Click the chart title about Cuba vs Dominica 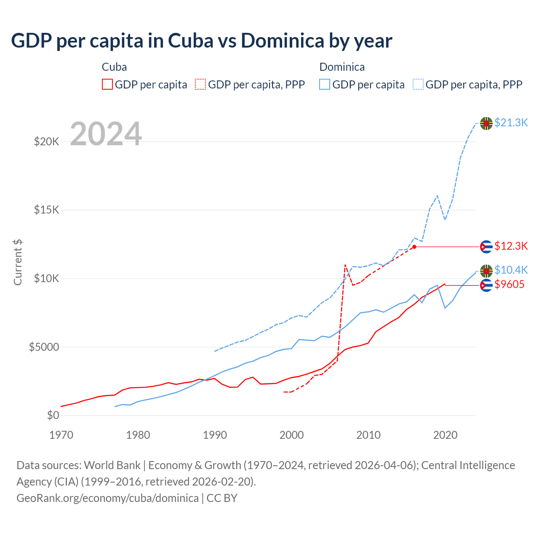click(202, 41)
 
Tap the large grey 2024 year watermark click(106, 134)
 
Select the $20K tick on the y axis click(47, 141)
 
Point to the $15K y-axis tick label click(47, 210)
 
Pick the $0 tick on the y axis click(53, 416)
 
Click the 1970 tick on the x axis click(61, 435)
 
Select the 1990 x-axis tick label click(215, 435)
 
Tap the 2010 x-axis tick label click(368, 435)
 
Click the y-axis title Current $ click(18, 262)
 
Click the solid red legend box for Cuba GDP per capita click(107, 85)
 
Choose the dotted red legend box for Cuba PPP click(200, 85)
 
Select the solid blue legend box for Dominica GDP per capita click(325, 85)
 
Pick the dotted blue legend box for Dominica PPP click(418, 85)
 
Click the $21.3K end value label click(511, 123)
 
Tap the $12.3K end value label click(511, 246)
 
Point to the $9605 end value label click(510, 285)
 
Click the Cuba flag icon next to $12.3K click(486, 247)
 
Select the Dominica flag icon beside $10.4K click(486, 271)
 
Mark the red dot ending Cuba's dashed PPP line click(414, 247)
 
